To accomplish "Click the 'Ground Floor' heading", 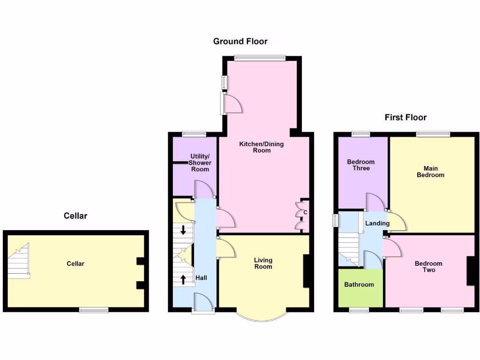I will pyautogui.click(x=240, y=41).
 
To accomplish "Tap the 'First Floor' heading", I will pyautogui.click(x=405, y=117).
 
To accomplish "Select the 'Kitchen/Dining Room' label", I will pyautogui.click(x=262, y=147).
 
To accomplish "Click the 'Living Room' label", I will pyautogui.click(x=263, y=263).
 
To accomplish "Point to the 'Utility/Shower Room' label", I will pyautogui.click(x=200, y=163).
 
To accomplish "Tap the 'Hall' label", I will pyautogui.click(x=201, y=278).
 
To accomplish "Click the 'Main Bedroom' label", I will pyautogui.click(x=430, y=172).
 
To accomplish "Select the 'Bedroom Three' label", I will pyautogui.click(x=361, y=165).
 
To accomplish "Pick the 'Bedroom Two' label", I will pyautogui.click(x=428, y=267).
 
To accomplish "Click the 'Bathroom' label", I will pyautogui.click(x=359, y=285).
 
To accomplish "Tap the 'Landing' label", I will pyautogui.click(x=377, y=224).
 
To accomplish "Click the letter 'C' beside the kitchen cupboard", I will pyautogui.click(x=305, y=213).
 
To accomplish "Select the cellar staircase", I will pyautogui.click(x=19, y=262).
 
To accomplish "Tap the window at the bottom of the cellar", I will pyautogui.click(x=93, y=310).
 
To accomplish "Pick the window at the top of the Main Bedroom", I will pyautogui.click(x=433, y=134).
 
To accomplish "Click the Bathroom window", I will pyautogui.click(x=359, y=310).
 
